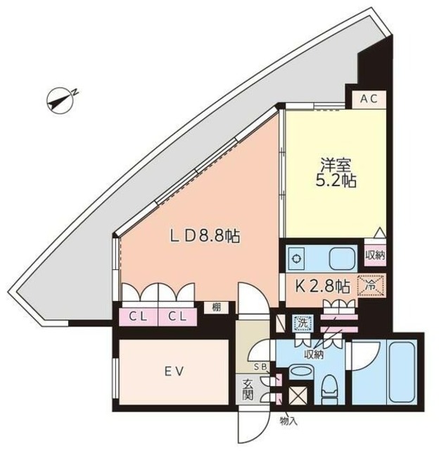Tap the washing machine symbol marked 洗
coord(301,323)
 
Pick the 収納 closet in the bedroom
coord(374,254)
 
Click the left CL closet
coord(139,316)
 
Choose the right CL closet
coord(177,316)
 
